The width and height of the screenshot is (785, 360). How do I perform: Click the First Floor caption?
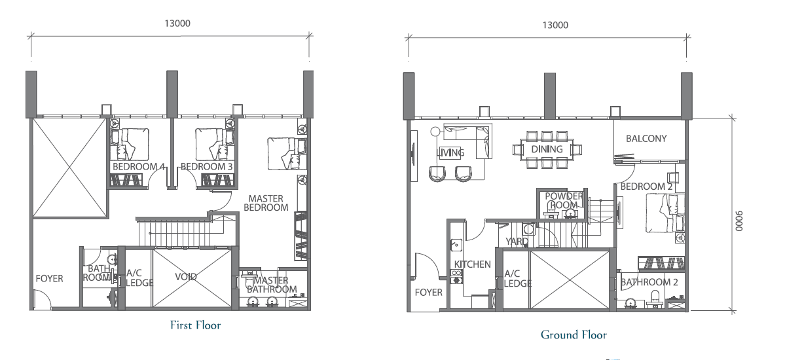(x=195, y=325)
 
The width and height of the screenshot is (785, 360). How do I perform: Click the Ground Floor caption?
(x=574, y=334)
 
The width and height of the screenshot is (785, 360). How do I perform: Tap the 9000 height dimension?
(x=740, y=221)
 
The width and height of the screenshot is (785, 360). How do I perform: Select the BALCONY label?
(x=646, y=139)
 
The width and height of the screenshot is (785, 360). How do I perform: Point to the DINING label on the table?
(x=547, y=149)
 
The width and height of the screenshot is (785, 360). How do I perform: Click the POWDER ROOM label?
(x=564, y=200)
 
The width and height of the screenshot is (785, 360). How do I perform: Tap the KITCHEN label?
(x=473, y=264)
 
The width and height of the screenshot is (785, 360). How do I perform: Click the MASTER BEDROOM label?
(x=266, y=203)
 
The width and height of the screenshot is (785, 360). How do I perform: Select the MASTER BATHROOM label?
(x=272, y=285)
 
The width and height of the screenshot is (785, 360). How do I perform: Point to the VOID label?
(x=186, y=277)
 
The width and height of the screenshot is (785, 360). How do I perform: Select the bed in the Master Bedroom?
(x=284, y=153)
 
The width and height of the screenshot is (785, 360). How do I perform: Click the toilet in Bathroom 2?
(x=654, y=299)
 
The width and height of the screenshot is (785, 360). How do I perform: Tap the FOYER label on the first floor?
(x=50, y=278)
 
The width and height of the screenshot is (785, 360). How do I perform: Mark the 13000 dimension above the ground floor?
(x=556, y=25)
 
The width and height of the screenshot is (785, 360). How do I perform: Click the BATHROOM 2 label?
(x=649, y=282)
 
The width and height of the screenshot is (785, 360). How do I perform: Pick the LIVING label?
(x=450, y=153)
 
